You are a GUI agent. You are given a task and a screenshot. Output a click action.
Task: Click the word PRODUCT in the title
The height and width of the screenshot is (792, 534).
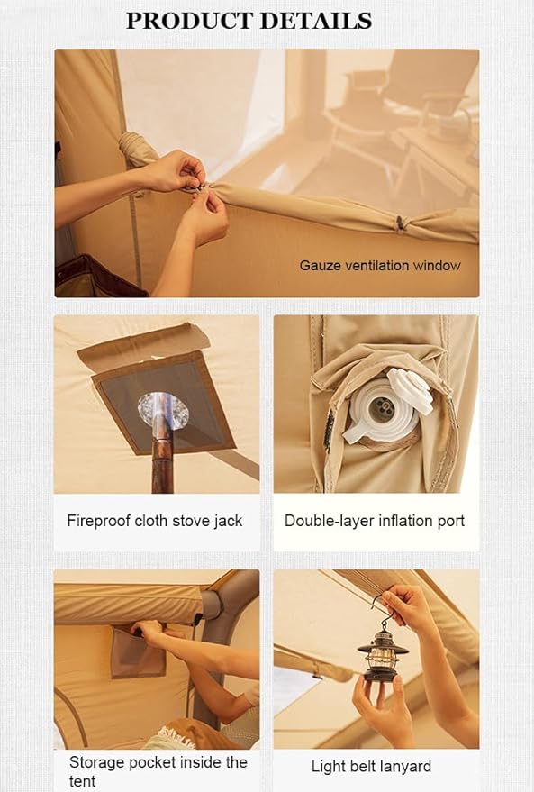[x=190, y=21]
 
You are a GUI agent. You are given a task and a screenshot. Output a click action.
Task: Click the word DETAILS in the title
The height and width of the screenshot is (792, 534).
[x=316, y=21]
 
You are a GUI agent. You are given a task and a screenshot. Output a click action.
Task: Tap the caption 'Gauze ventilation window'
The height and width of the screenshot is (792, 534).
[x=380, y=266]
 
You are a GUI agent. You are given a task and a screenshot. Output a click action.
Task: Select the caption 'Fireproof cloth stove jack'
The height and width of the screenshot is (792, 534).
[x=155, y=522]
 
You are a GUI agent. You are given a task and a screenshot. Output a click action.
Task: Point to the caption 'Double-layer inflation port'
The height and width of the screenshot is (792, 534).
[x=375, y=522]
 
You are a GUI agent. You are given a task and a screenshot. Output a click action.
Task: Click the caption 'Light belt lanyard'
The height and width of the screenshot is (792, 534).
[x=372, y=766]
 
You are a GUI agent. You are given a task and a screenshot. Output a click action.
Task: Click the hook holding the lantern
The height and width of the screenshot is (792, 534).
[x=379, y=609]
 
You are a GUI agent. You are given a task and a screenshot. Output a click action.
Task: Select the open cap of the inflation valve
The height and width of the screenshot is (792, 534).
[x=411, y=390]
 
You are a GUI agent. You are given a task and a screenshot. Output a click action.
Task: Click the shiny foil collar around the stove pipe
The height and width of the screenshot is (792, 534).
[x=163, y=411]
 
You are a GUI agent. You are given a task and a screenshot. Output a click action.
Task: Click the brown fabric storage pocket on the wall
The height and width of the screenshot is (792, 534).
[x=138, y=652]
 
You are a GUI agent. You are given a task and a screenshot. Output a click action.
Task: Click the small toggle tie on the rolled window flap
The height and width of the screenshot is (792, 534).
[x=400, y=223]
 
